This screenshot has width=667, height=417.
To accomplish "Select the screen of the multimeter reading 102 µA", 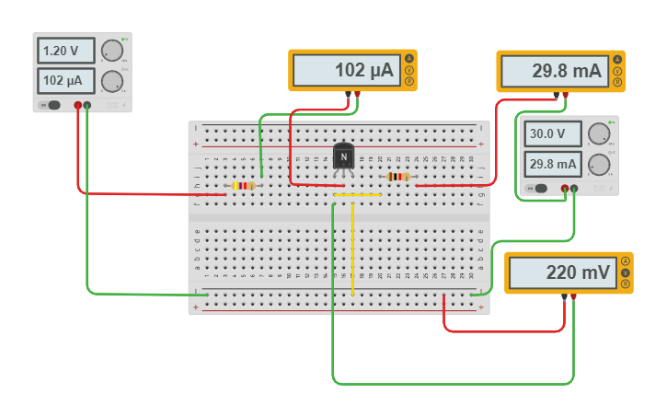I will pyautogui.click(x=347, y=70).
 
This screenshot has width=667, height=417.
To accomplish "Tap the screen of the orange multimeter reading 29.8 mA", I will pyautogui.click(x=555, y=71).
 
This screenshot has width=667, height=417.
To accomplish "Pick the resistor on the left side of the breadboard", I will pyautogui.click(x=243, y=185).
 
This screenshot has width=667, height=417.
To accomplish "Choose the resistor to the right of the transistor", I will pyautogui.click(x=398, y=176).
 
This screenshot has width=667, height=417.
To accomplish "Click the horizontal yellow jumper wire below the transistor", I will pyautogui.click(x=357, y=195).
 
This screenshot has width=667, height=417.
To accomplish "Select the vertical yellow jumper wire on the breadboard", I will pyautogui.click(x=352, y=249).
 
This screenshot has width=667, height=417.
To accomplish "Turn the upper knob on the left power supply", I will pyautogui.click(x=111, y=51).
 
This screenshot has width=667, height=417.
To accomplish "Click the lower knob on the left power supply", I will pyautogui.click(x=111, y=80).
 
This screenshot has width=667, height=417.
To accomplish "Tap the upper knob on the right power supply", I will pyautogui.click(x=598, y=133).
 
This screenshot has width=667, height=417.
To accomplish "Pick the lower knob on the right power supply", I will pyautogui.click(x=598, y=164).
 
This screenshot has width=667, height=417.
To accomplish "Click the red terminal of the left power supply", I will pyautogui.click(x=77, y=105).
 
